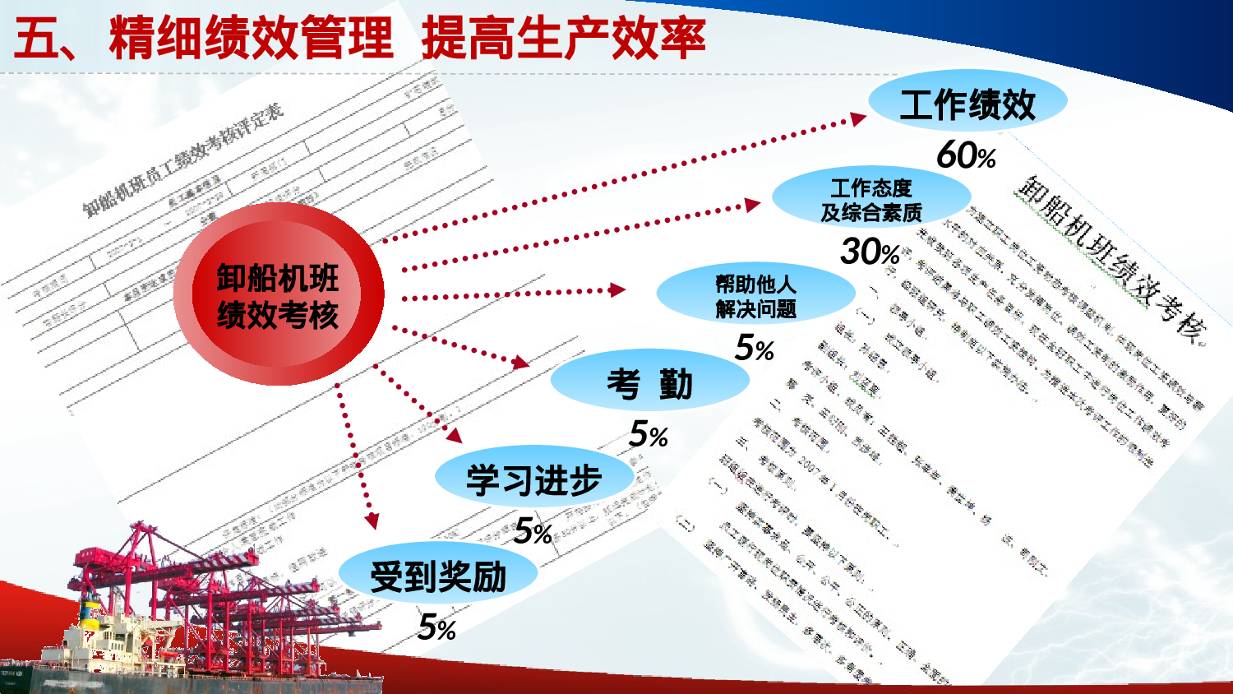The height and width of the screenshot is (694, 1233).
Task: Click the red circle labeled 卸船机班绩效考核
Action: tap(278, 294)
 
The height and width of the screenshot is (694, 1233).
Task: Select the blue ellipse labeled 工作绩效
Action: tap(967, 104)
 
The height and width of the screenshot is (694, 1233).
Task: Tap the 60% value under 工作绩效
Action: tap(966, 155)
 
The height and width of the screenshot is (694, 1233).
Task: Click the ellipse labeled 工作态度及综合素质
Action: tap(871, 200)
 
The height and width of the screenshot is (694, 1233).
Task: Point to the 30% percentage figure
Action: tap(870, 252)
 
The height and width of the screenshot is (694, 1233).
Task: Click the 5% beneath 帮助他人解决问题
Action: tap(755, 348)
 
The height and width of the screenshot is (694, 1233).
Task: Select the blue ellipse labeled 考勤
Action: tap(649, 383)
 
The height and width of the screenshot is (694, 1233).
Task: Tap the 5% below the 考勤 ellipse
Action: tap(648, 435)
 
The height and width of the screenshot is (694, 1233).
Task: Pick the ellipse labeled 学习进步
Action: tap(533, 479)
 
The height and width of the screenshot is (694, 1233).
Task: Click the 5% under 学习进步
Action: tap(533, 532)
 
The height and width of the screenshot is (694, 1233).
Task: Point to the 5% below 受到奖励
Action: tap(436, 628)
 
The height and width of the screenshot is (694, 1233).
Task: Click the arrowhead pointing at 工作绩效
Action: tap(857, 120)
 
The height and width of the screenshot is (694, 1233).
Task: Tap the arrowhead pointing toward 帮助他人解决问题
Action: tap(616, 289)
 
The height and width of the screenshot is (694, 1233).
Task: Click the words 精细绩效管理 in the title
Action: tap(251, 39)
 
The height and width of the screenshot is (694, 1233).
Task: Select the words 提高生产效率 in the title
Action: tap(563, 39)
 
